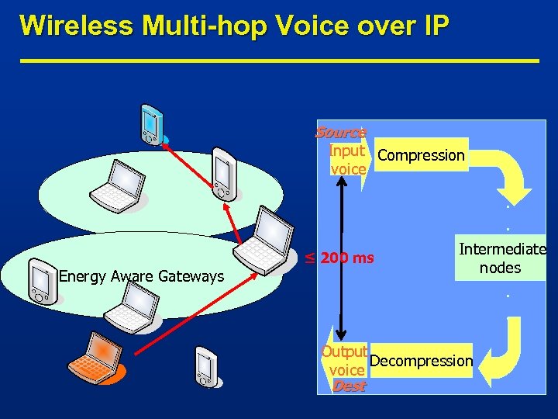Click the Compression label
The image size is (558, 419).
421,155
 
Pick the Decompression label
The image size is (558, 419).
421,361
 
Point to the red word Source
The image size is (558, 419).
340,133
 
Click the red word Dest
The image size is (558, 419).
348,386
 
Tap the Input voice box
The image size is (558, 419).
347,159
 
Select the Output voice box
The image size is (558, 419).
345,361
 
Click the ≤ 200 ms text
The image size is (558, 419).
339,258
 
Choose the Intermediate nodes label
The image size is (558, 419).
502,259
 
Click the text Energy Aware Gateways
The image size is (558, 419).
141,276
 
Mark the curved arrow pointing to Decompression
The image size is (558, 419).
508,341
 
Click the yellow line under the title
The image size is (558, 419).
279,61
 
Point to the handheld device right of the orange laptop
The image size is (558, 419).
205,367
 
